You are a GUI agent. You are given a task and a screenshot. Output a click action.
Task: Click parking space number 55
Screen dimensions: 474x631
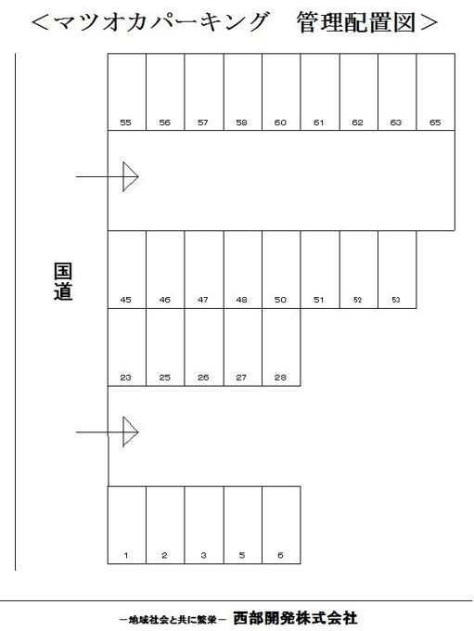[127, 92]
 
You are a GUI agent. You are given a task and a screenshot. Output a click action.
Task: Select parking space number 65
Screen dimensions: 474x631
[436, 92]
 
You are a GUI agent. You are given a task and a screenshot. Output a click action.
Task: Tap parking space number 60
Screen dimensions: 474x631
[281, 92]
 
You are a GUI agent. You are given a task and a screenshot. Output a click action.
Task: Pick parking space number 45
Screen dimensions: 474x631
[127, 270]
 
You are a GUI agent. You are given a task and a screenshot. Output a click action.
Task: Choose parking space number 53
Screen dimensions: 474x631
[397, 270]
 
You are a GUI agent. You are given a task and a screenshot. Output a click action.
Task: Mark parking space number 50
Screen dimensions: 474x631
[281, 270]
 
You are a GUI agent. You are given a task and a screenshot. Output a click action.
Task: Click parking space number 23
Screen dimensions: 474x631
[127, 347]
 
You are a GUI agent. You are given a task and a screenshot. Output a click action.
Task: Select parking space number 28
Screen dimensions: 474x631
[281, 347]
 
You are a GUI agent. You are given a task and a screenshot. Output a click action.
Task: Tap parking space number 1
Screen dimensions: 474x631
[127, 525]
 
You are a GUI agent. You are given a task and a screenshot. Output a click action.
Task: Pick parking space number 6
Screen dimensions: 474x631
[281, 525]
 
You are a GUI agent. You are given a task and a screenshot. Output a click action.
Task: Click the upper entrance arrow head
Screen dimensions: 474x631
[131, 176]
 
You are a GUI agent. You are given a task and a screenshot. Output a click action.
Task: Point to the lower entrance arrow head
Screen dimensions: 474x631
[131, 431]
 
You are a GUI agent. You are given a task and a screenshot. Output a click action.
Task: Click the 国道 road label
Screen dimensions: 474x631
[63, 282]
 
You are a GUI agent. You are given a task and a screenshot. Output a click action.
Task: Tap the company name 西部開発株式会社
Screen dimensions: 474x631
[295, 618]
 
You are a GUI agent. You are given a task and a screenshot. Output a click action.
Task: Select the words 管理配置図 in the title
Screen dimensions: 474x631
[356, 22]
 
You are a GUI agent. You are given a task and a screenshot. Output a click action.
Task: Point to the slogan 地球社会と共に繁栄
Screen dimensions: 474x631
[173, 620]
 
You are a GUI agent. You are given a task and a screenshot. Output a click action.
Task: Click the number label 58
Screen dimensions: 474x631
[242, 122]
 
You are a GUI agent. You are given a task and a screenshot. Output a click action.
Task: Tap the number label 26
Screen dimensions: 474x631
[203, 378]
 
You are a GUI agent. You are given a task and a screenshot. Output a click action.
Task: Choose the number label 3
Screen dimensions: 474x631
[203, 555]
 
